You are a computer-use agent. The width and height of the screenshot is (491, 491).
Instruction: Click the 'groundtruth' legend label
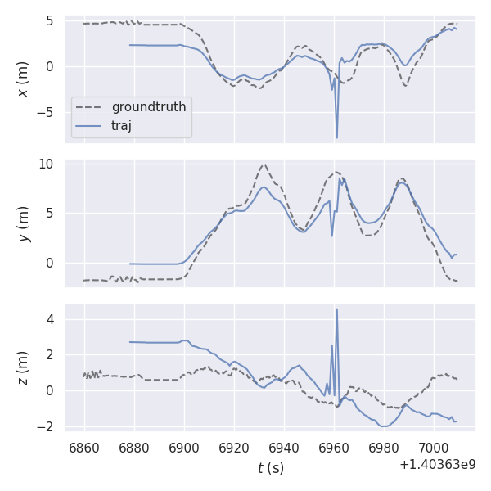point(148,107)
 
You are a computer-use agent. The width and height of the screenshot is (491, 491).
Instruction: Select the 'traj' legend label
point(121,125)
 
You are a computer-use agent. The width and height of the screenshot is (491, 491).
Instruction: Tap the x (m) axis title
point(23,79)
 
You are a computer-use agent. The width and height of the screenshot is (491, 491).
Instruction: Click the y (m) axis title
point(23,223)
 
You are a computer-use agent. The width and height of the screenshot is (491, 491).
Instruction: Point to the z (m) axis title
point(23,367)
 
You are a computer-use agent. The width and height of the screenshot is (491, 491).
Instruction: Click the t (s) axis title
point(270,468)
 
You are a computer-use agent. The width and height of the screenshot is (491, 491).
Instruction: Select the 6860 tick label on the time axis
point(84,448)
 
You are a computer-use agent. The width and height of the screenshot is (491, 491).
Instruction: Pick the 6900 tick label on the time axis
point(184,448)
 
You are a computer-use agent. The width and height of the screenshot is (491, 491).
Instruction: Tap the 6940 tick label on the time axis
point(284,448)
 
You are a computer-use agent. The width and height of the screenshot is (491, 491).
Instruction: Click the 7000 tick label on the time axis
point(434,448)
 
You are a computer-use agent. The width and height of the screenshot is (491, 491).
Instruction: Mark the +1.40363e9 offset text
point(438,465)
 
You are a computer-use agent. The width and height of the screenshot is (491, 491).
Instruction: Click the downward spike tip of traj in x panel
point(336,137)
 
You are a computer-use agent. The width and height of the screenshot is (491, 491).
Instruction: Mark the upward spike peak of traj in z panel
point(336,309)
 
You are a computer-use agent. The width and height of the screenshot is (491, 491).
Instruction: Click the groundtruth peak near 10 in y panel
point(264,165)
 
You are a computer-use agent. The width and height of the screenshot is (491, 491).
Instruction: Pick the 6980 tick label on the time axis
point(384,448)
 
